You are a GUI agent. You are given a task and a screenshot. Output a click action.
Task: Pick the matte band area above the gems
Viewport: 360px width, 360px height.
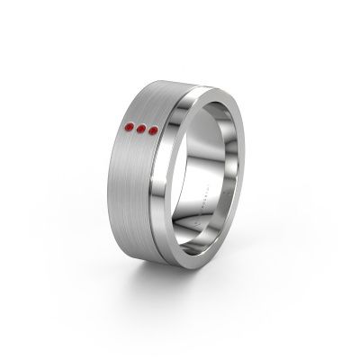(153, 103)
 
